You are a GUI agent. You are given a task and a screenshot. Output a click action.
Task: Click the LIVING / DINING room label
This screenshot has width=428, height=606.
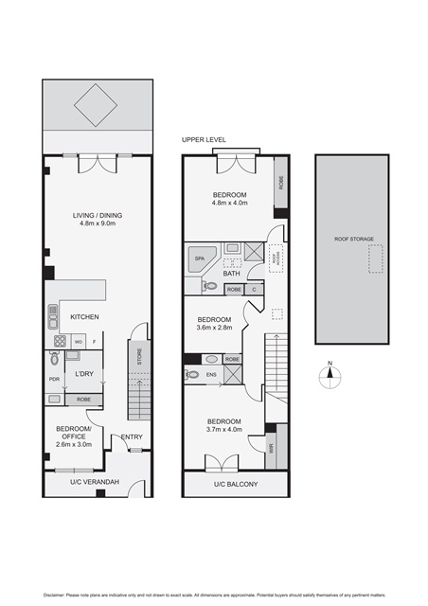[x=97, y=215]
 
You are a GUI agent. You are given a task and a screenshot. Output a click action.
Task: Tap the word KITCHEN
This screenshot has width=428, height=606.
[x=85, y=316]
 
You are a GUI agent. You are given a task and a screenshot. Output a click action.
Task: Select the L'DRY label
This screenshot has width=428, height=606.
[x=85, y=375]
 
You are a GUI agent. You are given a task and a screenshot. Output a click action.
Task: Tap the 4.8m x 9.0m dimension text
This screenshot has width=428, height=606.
[x=97, y=225]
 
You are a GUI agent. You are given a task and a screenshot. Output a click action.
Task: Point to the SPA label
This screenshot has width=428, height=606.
[x=200, y=258]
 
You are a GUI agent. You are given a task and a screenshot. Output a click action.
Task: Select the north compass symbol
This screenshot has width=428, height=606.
[x=329, y=371]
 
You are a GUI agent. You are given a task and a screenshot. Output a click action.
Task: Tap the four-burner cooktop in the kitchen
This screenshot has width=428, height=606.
[x=60, y=341]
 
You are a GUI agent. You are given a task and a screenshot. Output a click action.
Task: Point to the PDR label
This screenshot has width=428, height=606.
[x=54, y=379]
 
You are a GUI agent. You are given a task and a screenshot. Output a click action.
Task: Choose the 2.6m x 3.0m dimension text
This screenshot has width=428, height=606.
[x=74, y=444]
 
